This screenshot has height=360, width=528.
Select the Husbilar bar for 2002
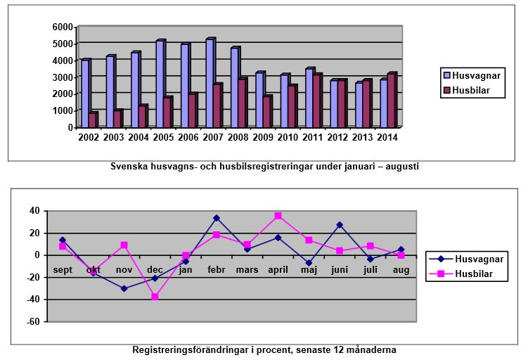tap(93, 120)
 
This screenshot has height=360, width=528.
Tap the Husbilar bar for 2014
tap(392, 101)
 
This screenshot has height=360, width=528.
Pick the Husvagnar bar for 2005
tap(160, 84)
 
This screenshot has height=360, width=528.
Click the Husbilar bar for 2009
tap(266, 112)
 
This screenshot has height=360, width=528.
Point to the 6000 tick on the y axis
tap(63, 27)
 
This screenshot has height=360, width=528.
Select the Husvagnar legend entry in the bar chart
tap(471, 75)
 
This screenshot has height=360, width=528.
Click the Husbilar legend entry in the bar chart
tap(471, 90)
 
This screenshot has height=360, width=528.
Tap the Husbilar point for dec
tap(155, 297)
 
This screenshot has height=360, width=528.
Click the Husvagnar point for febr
tap(217, 218)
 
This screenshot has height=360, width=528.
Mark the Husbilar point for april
tap(278, 216)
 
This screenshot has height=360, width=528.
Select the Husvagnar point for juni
tap(340, 225)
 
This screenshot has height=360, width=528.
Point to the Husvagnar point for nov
tap(124, 288)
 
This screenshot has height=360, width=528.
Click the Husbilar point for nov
tap(124, 245)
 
